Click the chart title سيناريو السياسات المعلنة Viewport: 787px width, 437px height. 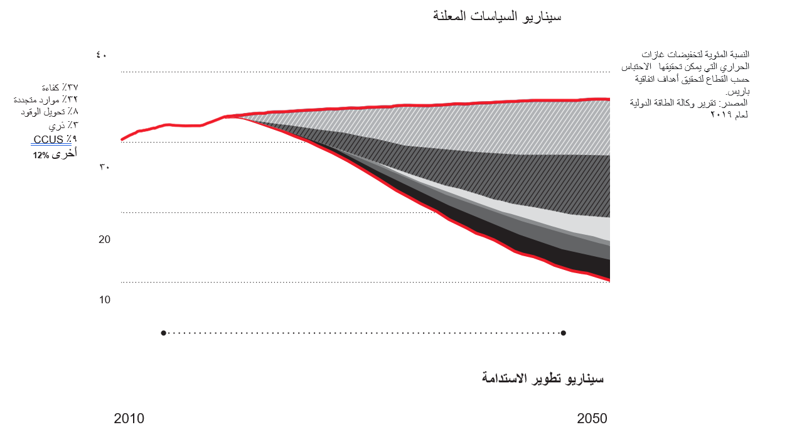point(497,16)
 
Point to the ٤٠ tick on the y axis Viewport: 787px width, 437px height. point(102,55)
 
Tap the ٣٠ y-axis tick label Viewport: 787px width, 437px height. point(104,168)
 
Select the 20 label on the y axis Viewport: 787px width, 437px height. point(104,239)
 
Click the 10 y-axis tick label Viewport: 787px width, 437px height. point(104,299)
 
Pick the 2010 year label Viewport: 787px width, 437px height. point(129,418)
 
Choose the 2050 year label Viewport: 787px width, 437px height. point(592,418)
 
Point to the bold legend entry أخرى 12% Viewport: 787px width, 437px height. point(55,153)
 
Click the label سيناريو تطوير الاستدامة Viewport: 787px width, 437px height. point(543,378)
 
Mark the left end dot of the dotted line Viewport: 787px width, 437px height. point(163,333)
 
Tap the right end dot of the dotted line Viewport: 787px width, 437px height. point(564,333)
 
